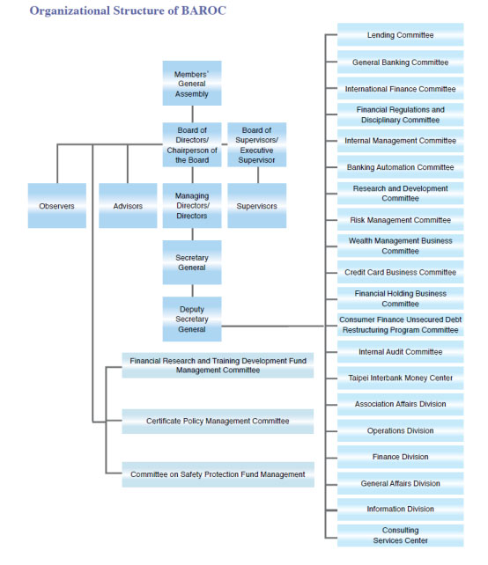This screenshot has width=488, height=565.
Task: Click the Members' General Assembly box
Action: pyautogui.click(x=191, y=83)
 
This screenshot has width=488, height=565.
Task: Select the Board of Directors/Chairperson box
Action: pyautogui.click(x=191, y=145)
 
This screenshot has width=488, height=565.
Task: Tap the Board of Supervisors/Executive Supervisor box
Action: pyautogui.click(x=256, y=145)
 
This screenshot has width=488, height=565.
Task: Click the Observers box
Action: pyautogui.click(x=56, y=206)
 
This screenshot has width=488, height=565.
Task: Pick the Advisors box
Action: pyautogui.click(x=128, y=206)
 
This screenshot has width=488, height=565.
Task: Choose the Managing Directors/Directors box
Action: pyautogui.click(x=191, y=206)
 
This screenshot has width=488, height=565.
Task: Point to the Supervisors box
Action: pyautogui.click(x=256, y=206)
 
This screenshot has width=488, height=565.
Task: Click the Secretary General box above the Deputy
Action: pyautogui.click(x=191, y=262)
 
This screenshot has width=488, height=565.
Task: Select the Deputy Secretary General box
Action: pyautogui.click(x=191, y=319)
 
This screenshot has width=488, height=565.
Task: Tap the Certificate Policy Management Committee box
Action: pyautogui.click(x=218, y=421)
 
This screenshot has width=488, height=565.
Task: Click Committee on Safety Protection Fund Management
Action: pyautogui.click(x=218, y=474)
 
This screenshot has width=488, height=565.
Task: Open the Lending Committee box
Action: pyautogui.click(x=400, y=35)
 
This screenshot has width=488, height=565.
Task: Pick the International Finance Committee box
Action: pyautogui.click(x=400, y=89)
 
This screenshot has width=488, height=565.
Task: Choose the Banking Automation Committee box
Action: pyautogui.click(x=400, y=167)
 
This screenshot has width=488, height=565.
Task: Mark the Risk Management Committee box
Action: pyautogui.click(x=400, y=220)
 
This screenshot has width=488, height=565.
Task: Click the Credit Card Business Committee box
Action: pyautogui.click(x=400, y=273)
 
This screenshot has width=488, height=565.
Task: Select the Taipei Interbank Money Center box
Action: pyautogui.click(x=400, y=378)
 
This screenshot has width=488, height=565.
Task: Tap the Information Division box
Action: pyautogui.click(x=400, y=509)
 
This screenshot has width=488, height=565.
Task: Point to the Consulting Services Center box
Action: pyautogui.click(x=400, y=535)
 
